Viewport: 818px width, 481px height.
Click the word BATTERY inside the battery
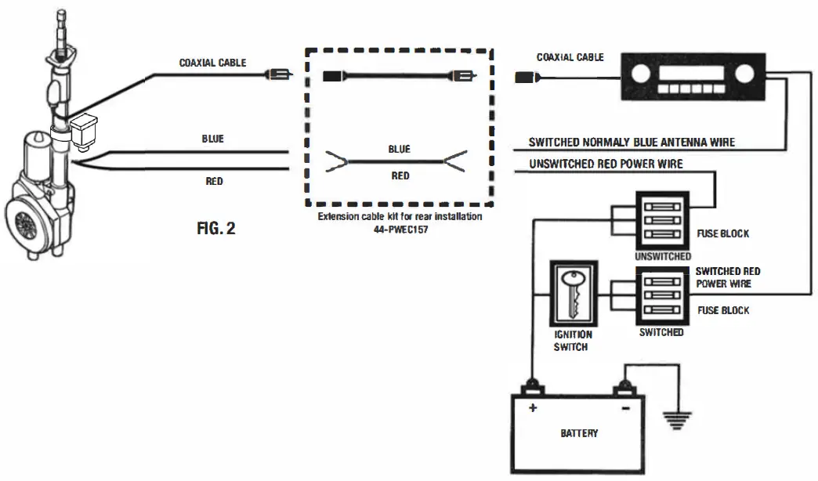click(x=579, y=432)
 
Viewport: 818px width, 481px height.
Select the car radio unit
click(x=693, y=77)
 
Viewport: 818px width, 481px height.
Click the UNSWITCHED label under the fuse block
click(x=663, y=256)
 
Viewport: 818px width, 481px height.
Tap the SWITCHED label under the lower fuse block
click(x=661, y=332)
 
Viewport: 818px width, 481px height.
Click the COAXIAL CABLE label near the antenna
click(x=214, y=63)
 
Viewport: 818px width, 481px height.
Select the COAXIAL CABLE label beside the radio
click(x=570, y=57)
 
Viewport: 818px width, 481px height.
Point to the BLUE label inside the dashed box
click(x=399, y=148)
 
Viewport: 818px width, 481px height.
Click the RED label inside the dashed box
click(x=400, y=176)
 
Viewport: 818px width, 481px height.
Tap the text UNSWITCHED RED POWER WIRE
click(x=606, y=164)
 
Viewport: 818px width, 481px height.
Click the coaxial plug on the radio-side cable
click(x=525, y=77)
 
